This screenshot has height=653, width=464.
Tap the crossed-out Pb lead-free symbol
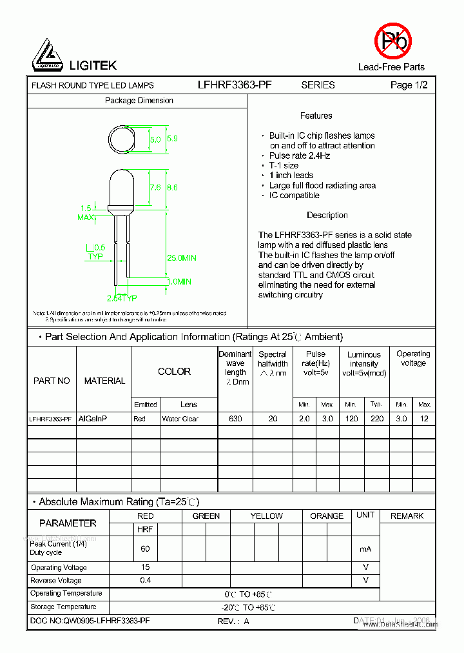tap(392, 41)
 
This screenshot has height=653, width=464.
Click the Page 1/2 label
tap(409, 85)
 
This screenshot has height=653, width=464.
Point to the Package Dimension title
tap(139, 101)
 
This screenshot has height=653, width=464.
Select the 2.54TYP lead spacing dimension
tap(122, 298)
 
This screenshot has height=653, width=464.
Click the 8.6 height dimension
tap(172, 188)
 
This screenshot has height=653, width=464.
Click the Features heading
tap(316, 116)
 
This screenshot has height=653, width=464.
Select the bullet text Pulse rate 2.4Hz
tap(300, 156)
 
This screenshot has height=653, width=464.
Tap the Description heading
tap(327, 216)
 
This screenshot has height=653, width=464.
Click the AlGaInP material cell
tap(93, 419)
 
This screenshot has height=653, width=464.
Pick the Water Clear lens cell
tap(180, 419)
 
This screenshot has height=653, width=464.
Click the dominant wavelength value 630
tap(235, 419)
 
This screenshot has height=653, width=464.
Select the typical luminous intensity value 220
tap(377, 419)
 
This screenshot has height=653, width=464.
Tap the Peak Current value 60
tap(145, 548)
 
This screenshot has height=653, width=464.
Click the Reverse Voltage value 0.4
tap(145, 580)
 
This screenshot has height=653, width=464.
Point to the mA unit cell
tap(365, 548)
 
